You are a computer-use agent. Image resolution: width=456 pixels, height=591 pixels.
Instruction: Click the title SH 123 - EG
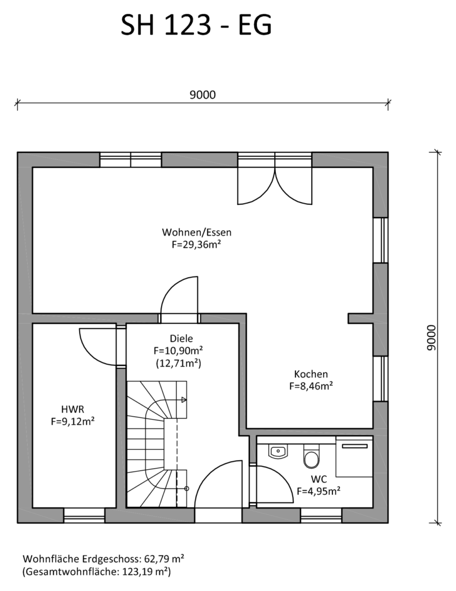click(196, 25)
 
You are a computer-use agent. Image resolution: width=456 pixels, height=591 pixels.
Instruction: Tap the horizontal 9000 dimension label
click(203, 95)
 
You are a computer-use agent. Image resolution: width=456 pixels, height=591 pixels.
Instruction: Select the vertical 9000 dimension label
click(431, 338)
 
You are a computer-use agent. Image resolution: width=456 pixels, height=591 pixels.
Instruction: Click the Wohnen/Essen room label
click(197, 232)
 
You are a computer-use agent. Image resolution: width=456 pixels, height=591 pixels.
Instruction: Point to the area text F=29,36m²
click(196, 244)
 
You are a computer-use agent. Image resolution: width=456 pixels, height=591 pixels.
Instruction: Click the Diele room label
click(181, 338)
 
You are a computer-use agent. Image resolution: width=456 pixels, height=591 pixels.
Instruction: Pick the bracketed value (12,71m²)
click(178, 364)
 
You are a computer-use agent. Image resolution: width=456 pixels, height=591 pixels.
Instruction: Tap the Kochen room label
click(311, 374)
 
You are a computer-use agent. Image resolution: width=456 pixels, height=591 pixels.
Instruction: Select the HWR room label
click(73, 409)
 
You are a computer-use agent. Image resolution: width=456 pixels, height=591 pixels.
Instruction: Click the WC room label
click(319, 479)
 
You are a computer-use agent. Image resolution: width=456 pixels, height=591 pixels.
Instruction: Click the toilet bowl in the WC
click(311, 456)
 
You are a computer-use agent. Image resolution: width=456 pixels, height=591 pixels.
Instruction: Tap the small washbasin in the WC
click(278, 451)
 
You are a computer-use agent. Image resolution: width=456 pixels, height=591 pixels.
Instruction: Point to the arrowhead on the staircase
click(184, 400)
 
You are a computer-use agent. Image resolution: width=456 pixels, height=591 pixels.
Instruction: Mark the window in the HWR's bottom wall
click(84, 515)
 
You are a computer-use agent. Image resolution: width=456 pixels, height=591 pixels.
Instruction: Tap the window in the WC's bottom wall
click(321, 515)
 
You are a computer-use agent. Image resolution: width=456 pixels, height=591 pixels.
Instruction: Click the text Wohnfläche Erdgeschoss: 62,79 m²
click(103, 559)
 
